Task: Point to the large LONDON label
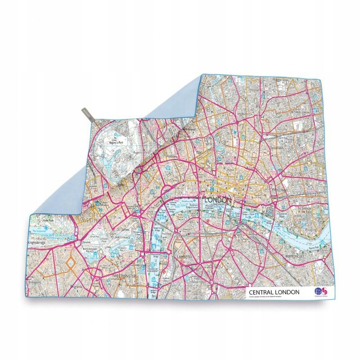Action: (x=218, y=200)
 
